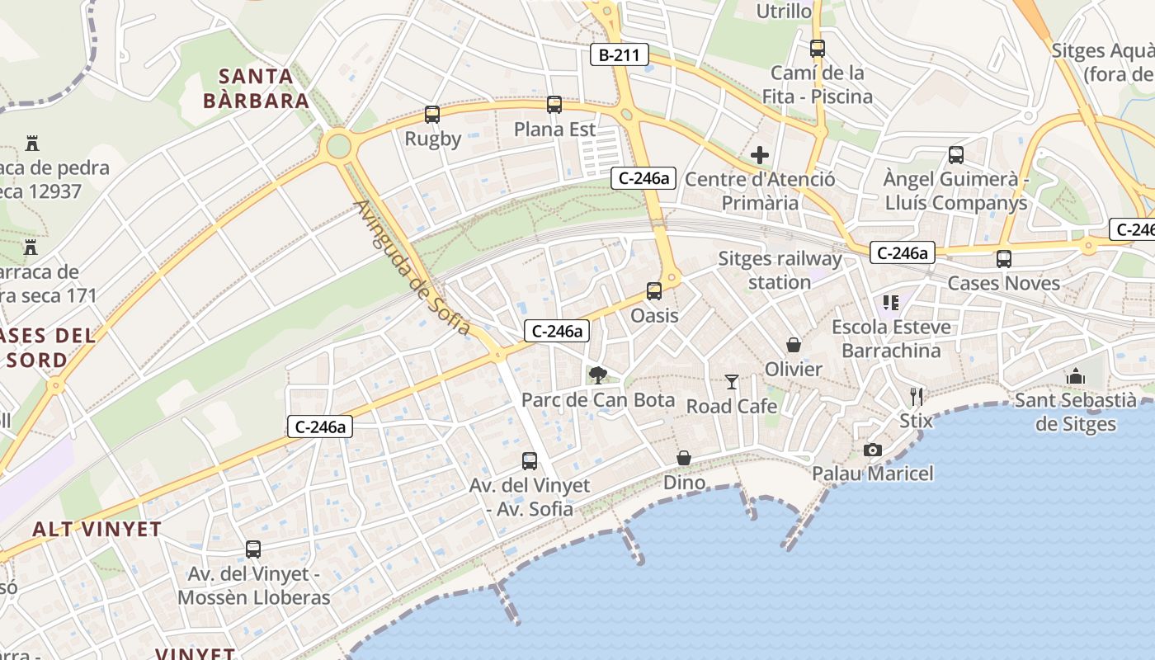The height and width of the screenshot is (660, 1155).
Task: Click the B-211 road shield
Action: point(620,55)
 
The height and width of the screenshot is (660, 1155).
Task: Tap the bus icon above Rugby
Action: point(432,115)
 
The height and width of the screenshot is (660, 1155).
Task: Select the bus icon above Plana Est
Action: point(554,105)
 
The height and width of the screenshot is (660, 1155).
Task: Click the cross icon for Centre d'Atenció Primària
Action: point(760,154)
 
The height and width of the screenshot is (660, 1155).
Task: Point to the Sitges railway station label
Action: point(780,271)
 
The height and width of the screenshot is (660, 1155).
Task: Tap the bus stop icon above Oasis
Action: point(654,290)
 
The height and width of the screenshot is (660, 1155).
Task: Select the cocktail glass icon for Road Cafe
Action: point(731,381)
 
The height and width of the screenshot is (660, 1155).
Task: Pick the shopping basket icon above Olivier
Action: point(794,344)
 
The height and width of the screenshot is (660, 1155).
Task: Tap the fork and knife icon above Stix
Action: point(916,396)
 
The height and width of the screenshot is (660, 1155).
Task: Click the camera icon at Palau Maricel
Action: point(873,450)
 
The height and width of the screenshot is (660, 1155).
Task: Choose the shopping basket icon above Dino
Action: point(684,458)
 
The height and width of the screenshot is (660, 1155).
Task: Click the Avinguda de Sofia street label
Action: point(412,269)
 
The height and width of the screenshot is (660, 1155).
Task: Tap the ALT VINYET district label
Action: point(97,529)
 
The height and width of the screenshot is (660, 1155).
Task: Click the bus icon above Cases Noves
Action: point(1004,258)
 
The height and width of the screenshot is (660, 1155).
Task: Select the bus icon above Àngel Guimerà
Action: point(956,154)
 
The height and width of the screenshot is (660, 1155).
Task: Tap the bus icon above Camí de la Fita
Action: point(818,48)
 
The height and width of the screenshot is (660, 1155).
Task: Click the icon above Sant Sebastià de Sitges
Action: point(1075,376)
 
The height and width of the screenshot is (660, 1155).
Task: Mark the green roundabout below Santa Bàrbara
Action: point(338,147)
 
